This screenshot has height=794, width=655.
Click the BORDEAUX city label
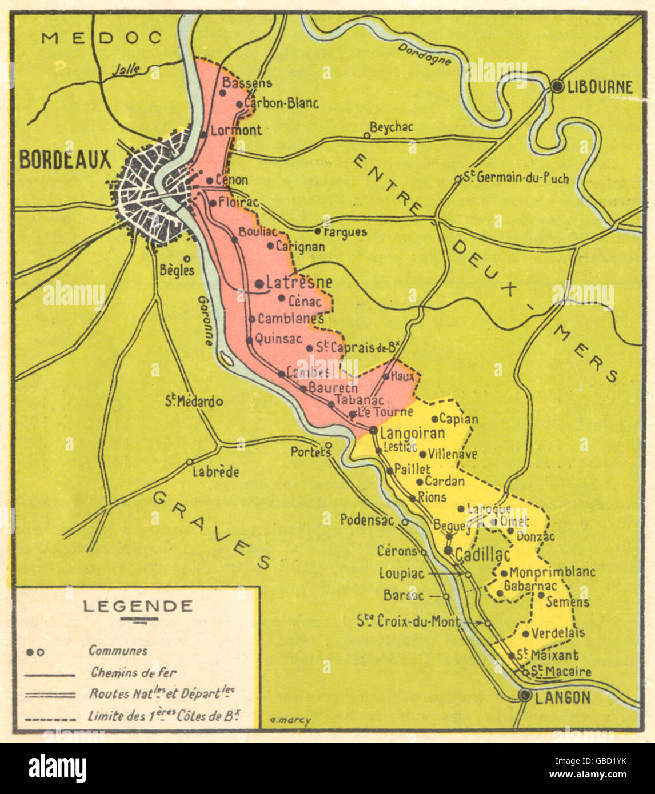click(x=65, y=160)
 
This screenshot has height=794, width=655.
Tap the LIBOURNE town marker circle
click(x=557, y=86)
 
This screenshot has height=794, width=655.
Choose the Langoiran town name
click(x=412, y=432)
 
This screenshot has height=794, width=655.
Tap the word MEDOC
click(x=102, y=38)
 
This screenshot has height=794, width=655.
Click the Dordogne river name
click(x=425, y=54)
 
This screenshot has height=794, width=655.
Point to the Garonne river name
click(x=206, y=320)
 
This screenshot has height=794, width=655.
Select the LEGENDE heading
click(x=138, y=606)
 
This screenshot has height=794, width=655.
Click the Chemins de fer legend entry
click(x=134, y=673)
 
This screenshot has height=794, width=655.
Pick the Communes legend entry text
click(x=118, y=651)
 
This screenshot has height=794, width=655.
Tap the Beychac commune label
click(x=391, y=127)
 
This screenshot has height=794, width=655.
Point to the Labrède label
click(x=215, y=472)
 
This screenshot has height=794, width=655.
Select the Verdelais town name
click(x=558, y=633)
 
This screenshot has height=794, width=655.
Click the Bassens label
click(x=247, y=83)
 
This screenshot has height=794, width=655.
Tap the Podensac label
click(x=367, y=520)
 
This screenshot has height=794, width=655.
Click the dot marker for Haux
click(x=386, y=376)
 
